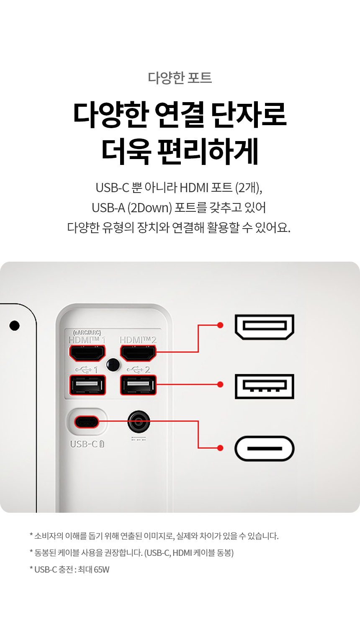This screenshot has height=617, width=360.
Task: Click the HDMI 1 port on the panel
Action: [87, 353]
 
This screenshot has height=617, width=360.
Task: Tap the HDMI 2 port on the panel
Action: [138, 353]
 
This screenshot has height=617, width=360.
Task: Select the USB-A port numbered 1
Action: [87, 385]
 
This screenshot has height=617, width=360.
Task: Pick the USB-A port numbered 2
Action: [138, 385]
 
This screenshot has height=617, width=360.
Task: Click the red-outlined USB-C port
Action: [87, 422]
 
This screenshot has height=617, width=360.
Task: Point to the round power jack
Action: [139, 422]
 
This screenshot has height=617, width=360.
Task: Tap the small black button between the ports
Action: [113, 365]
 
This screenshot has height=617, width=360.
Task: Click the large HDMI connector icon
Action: [265, 326]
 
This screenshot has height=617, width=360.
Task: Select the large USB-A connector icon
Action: [265, 386]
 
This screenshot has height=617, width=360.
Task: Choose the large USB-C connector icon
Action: [265, 448]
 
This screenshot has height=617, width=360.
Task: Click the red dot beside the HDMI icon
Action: [220, 325]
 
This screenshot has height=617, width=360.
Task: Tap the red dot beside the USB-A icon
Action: [220, 385]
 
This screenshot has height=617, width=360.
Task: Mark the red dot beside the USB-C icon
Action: [220, 448]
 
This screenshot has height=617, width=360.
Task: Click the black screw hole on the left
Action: [14, 325]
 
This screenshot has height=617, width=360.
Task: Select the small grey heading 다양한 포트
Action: [180, 78]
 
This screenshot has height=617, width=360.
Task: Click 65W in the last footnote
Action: [102, 570]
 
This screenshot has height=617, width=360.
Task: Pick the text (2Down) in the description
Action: [149, 208]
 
